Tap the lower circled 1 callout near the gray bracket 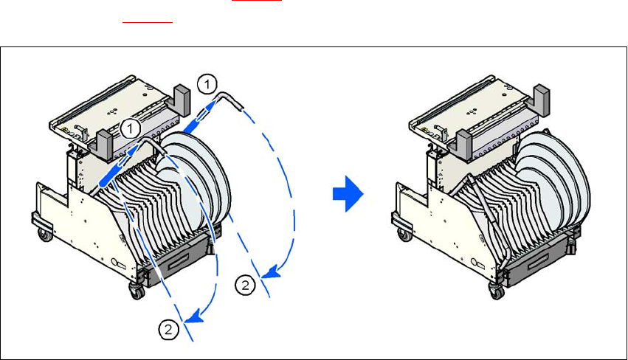tap(131, 128)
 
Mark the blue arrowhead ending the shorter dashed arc tap(194, 319)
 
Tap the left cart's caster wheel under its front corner tap(137, 290)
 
